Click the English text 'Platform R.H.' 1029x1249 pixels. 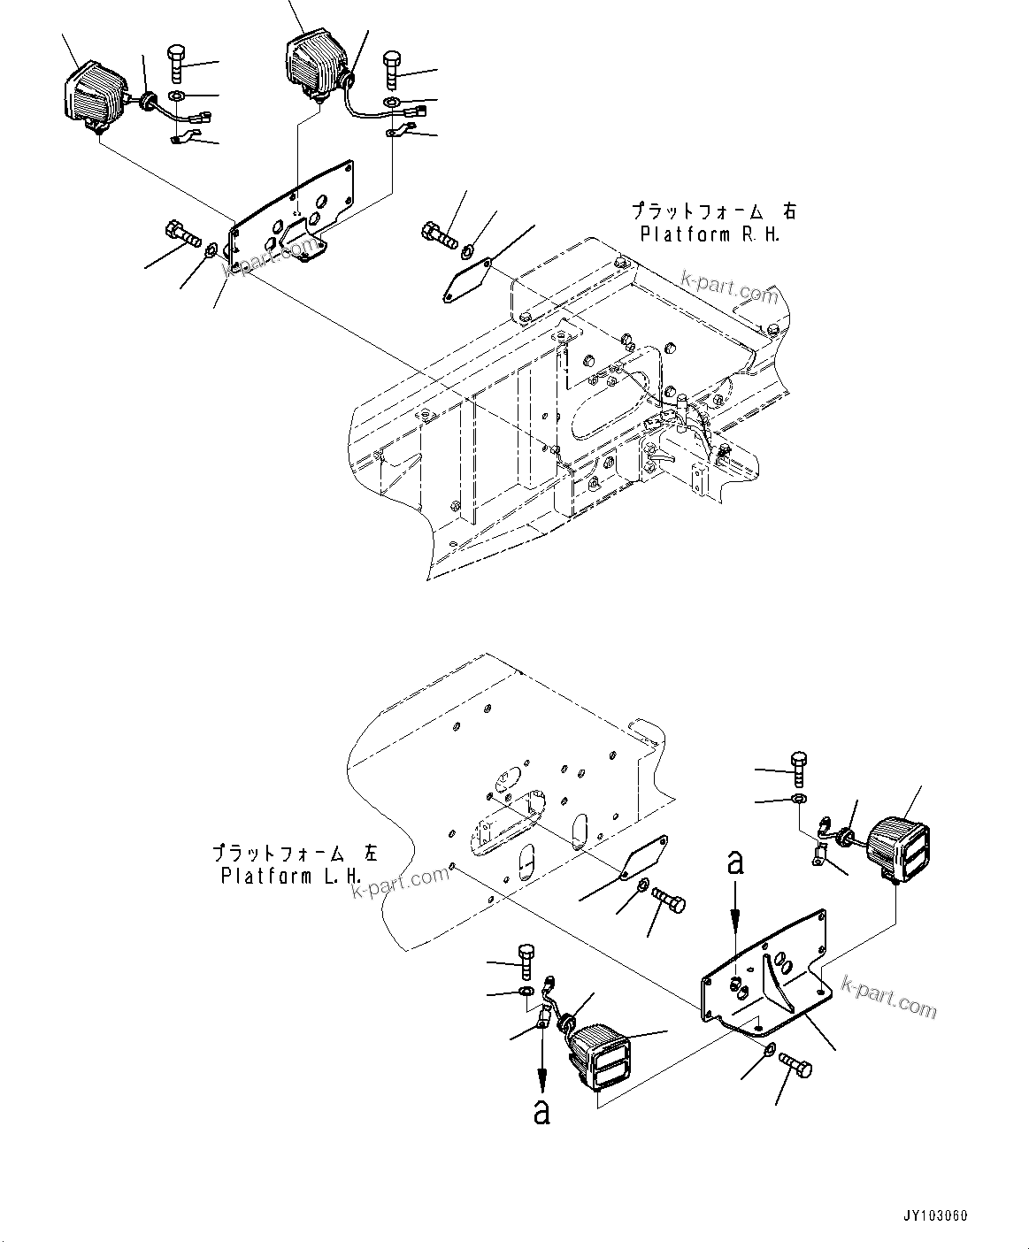click(710, 235)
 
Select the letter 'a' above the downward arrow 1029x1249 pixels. click(735, 862)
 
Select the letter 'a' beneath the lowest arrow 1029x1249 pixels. click(541, 1111)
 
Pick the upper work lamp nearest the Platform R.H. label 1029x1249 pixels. click(310, 64)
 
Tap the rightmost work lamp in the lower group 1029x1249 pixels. click(897, 847)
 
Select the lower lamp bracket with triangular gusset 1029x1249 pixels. click(766, 977)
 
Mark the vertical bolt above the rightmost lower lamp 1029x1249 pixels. click(799, 767)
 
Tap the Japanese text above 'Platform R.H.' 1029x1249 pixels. click(712, 211)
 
